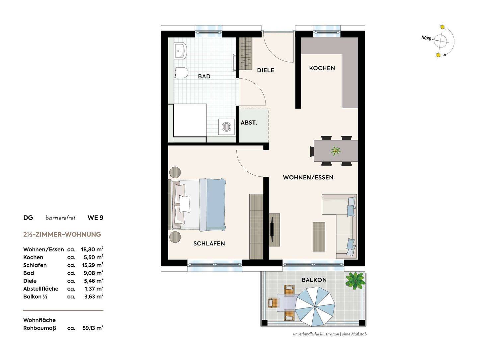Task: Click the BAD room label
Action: pyautogui.click(x=204, y=76)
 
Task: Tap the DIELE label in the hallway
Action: pyautogui.click(x=266, y=70)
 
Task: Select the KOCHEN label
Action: pyautogui.click(x=322, y=68)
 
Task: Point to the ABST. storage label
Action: pyautogui.click(x=249, y=123)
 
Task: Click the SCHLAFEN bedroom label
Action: pyautogui.click(x=209, y=243)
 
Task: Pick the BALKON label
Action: pyautogui.click(x=314, y=280)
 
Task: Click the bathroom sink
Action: pyautogui.click(x=180, y=51)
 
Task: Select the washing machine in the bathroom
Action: pyautogui.click(x=226, y=127)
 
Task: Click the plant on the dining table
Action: pyautogui.click(x=335, y=150)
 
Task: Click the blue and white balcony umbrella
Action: pyautogui.click(x=315, y=307)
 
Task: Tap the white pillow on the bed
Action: pyautogui.click(x=185, y=204)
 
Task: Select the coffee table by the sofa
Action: pyautogui.click(x=319, y=237)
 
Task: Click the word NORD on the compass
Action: pyautogui.click(x=426, y=38)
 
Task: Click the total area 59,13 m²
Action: pyautogui.click(x=93, y=328)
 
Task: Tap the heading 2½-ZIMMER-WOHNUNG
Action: pyautogui.click(x=62, y=234)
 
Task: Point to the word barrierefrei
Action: pyautogui.click(x=60, y=218)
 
